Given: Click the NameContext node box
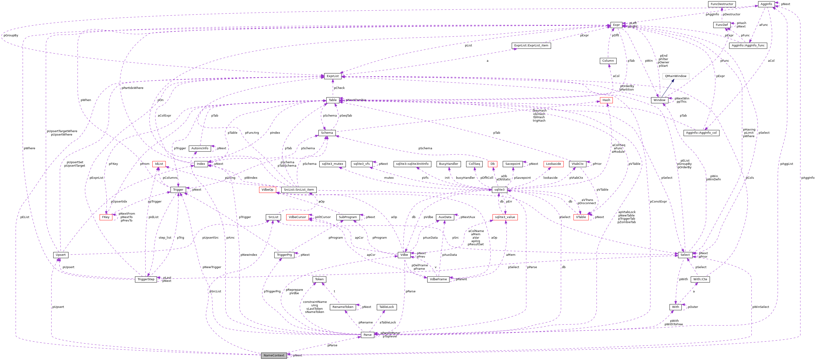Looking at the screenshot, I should (274, 355).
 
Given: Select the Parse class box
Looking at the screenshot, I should (368, 335).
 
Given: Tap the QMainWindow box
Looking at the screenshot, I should (675, 76).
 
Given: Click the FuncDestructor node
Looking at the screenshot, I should (722, 4).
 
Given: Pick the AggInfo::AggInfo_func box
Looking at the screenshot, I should (748, 45).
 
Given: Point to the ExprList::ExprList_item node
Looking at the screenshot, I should (531, 45).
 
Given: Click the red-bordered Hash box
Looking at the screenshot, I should (606, 100).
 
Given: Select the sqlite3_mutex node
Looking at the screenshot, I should (332, 164).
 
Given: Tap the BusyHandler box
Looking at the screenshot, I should (448, 164).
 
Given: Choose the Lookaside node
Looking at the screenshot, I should (553, 164).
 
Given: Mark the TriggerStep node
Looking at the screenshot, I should (146, 279).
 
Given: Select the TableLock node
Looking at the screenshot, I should (387, 307).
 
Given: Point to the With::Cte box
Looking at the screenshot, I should (700, 279).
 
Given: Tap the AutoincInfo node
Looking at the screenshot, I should (200, 148).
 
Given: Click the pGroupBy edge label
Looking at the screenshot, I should (11, 35).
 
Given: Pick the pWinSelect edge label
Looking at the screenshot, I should (761, 307).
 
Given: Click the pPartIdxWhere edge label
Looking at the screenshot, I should (132, 88).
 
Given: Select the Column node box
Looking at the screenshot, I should (608, 61).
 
